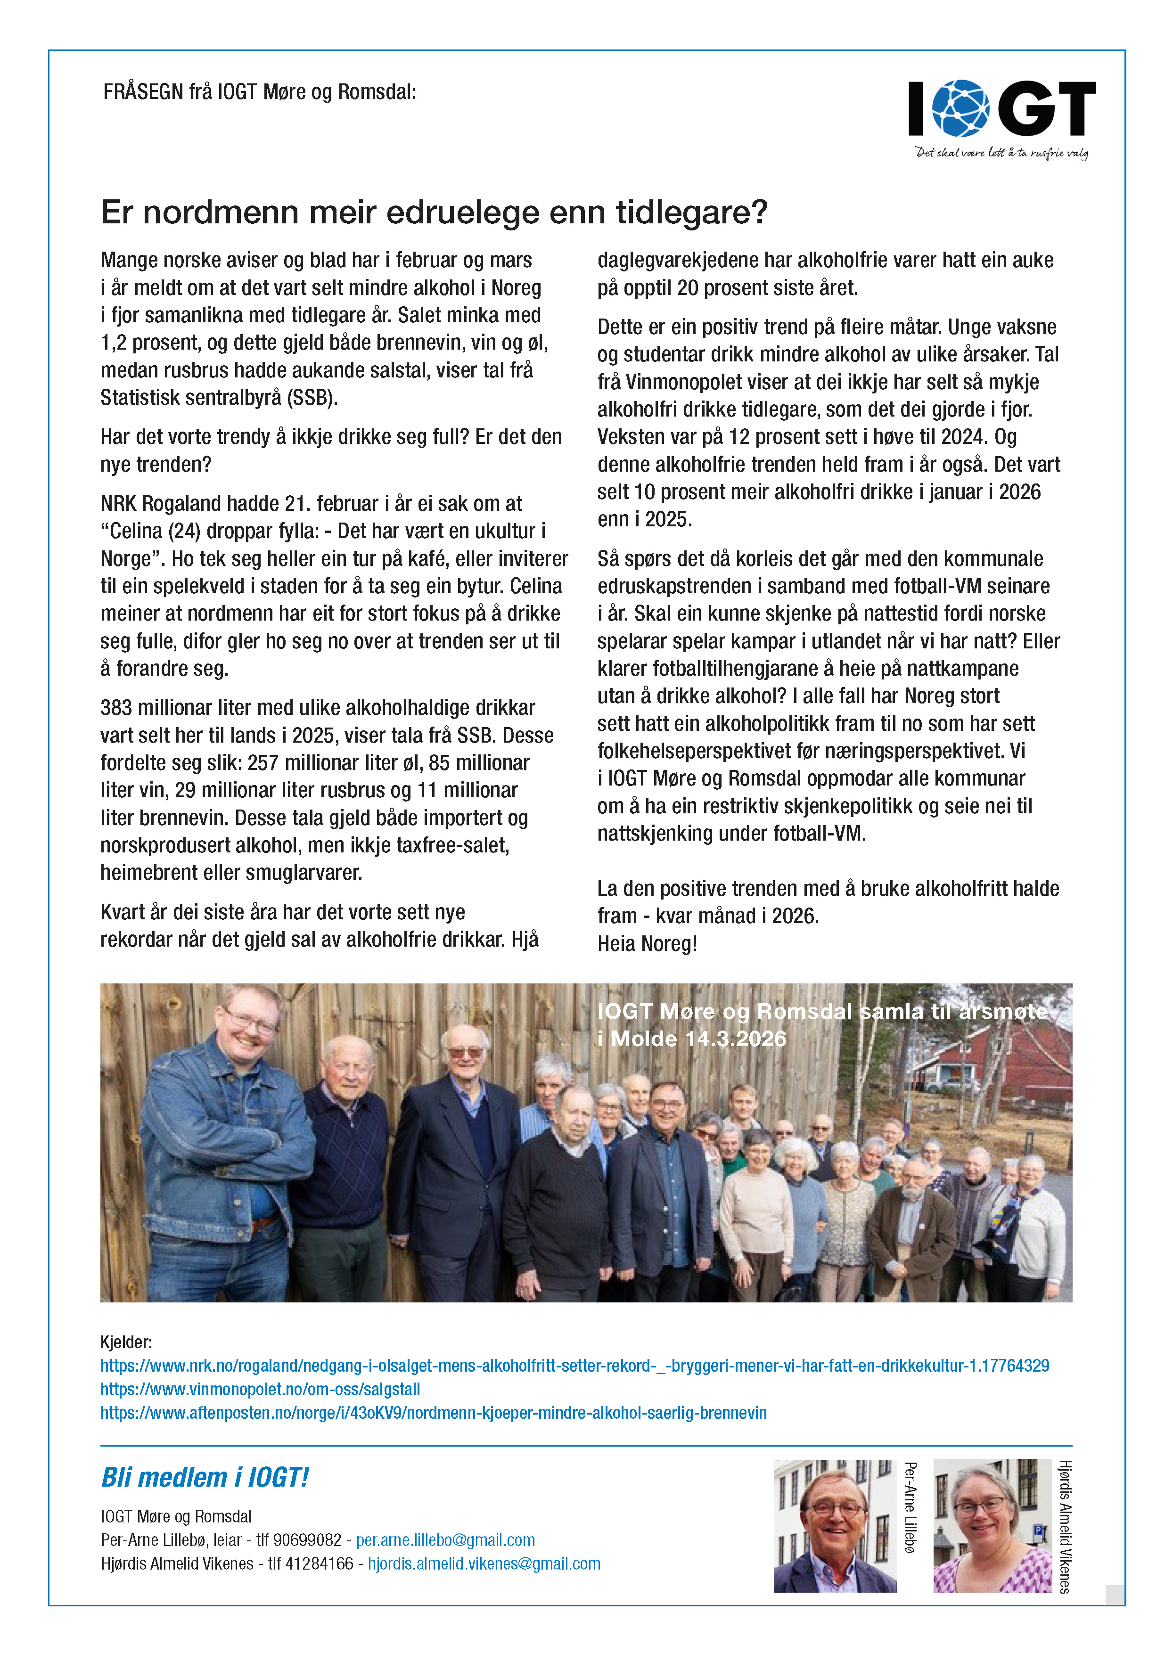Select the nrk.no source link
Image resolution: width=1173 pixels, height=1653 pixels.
tap(574, 1366)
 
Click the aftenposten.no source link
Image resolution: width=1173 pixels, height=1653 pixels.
tap(434, 1413)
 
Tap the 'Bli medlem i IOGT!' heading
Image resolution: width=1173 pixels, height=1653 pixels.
tap(205, 1478)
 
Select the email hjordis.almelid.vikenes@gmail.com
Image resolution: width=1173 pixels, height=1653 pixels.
tap(484, 1563)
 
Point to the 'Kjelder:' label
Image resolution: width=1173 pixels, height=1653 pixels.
tap(126, 1342)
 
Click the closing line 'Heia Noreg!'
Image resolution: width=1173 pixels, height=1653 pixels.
tap(647, 944)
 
